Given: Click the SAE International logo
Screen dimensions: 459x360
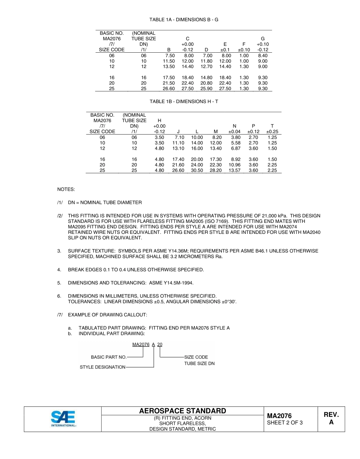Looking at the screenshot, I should [63, 419].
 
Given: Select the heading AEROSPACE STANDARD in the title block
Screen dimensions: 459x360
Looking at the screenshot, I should [182, 411].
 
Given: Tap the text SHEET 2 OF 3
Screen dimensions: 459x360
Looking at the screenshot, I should [285, 423].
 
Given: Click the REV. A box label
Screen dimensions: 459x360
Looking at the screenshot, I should [331, 418].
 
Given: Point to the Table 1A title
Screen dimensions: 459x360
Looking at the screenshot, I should [184, 19].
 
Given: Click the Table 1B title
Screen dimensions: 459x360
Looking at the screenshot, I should [184, 102].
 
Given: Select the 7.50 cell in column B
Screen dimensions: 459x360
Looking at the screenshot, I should [169, 55].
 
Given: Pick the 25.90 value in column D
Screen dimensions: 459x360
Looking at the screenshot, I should [206, 89].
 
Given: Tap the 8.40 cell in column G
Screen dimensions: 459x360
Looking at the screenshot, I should [262, 55].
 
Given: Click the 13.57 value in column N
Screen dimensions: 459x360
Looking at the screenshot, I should [234, 171].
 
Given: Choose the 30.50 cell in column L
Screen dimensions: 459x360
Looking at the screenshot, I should [197, 171].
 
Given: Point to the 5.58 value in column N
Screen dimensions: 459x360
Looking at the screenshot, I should [235, 143].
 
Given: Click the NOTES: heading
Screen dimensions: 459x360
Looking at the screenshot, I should [66, 189].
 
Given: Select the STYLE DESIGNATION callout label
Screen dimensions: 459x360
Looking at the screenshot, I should [102, 367].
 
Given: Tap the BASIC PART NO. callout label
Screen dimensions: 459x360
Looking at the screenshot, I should [108, 357].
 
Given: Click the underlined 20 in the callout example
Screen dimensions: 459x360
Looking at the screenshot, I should [160, 345].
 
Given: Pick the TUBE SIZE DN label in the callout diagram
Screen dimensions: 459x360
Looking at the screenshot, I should [199, 363].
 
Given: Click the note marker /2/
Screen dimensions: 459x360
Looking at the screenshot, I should [60, 216].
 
